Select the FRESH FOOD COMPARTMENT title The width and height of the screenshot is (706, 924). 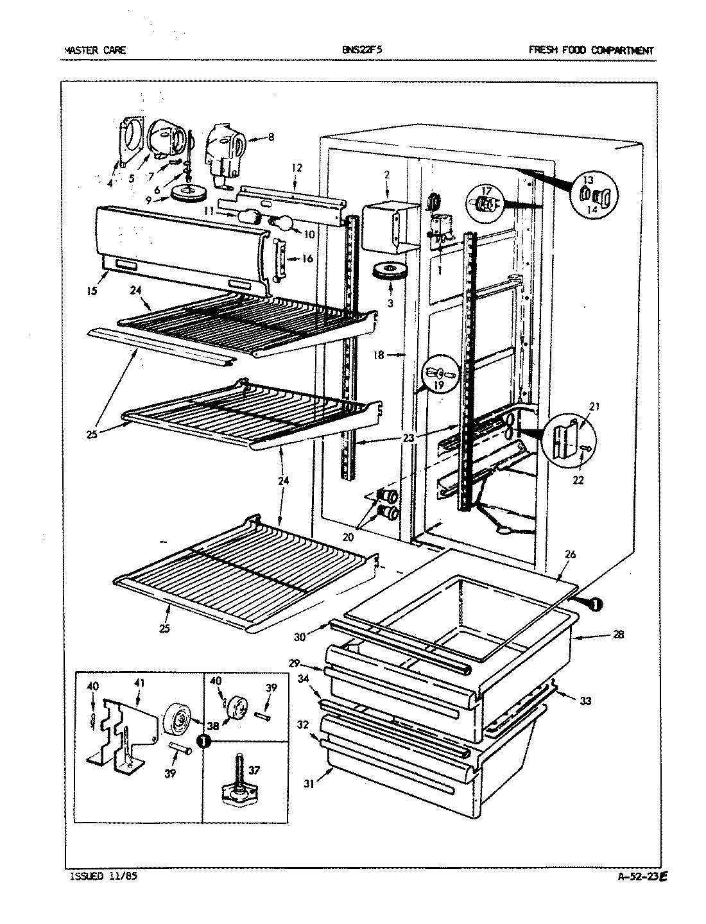coord(591,50)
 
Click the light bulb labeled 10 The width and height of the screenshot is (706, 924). coord(282,223)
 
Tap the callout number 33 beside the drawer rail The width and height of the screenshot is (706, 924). coord(585,701)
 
